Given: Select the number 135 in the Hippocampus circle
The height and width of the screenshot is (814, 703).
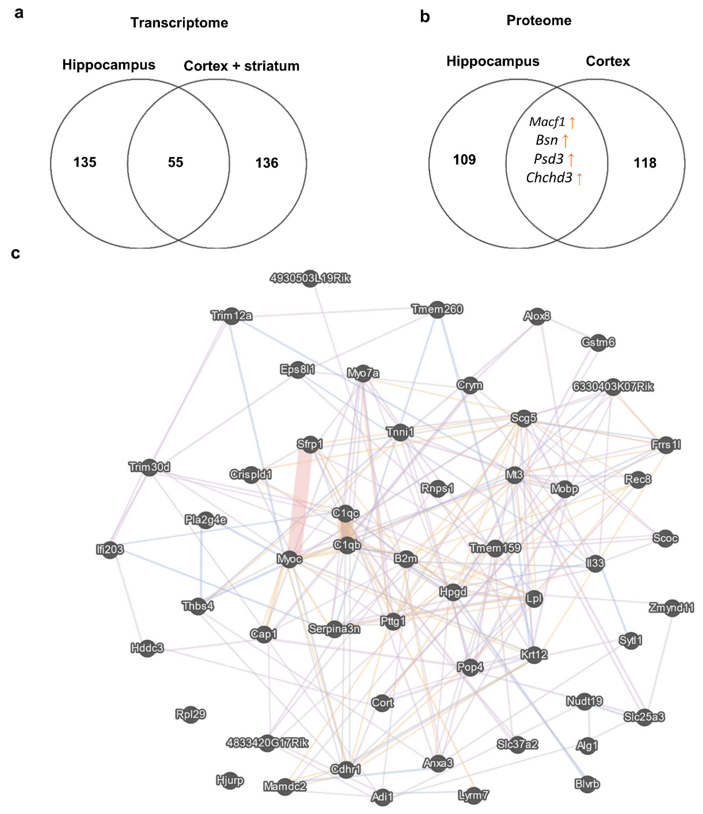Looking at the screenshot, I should click(x=85, y=162).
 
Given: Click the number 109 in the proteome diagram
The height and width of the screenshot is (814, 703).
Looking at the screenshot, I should click(x=464, y=160).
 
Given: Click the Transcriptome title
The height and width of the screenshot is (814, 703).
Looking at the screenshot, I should click(x=179, y=23).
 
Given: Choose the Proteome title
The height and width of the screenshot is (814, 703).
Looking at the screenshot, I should click(x=539, y=20).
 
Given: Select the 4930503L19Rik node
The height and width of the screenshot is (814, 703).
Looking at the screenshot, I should click(x=310, y=278).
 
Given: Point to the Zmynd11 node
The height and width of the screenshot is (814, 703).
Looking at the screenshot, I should click(x=671, y=608).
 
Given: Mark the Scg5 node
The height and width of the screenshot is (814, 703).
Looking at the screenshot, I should click(x=523, y=418).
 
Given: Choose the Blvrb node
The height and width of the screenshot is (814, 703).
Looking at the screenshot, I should click(x=587, y=784).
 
